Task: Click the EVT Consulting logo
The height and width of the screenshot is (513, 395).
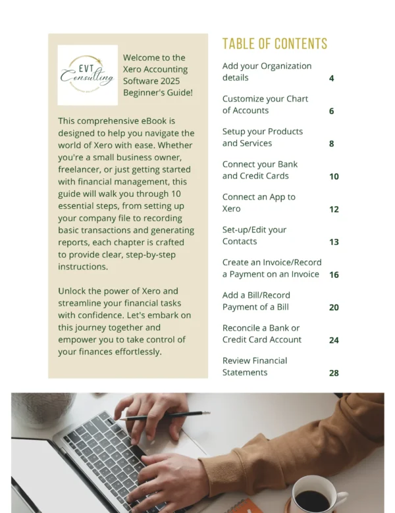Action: point(88,75)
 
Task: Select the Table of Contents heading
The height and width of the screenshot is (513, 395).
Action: point(275,44)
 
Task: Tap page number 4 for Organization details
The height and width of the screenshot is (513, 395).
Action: point(332,78)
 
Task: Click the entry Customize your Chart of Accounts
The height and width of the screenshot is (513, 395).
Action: point(265,105)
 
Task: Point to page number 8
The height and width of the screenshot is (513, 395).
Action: point(332,144)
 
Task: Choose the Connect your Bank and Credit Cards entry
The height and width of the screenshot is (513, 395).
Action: point(259,170)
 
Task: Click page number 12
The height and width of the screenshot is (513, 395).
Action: point(334,209)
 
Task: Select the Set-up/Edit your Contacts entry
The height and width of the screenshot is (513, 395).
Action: point(254,235)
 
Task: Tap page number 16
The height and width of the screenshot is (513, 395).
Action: point(334,275)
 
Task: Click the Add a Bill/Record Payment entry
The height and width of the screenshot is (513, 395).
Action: point(256,301)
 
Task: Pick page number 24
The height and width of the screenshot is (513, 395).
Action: point(334,340)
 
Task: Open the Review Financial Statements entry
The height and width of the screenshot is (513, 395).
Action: point(254,366)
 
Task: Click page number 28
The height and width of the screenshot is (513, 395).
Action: point(334,373)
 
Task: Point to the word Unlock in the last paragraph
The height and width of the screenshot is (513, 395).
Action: point(73,291)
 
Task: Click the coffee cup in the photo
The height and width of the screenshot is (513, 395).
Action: point(314,495)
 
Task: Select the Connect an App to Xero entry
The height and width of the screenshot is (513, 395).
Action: point(259,203)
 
